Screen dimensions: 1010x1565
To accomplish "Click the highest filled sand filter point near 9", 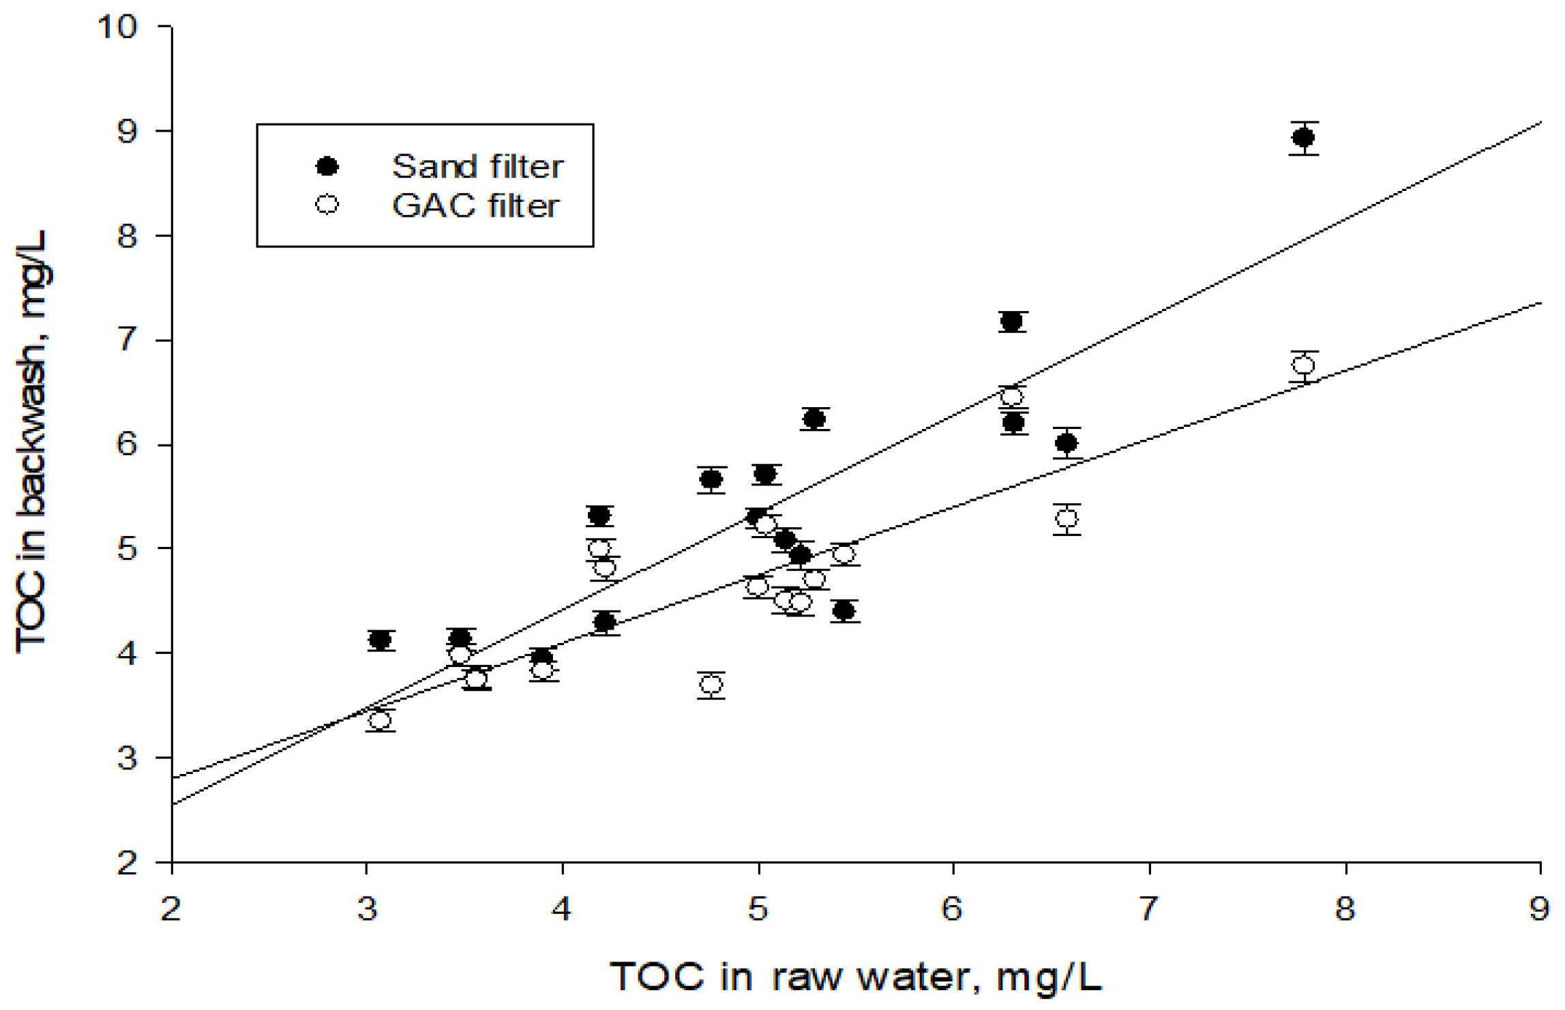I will (1303, 138).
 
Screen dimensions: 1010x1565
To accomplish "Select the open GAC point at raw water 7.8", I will (1303, 366).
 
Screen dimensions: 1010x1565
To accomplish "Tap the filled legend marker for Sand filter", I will (327, 166).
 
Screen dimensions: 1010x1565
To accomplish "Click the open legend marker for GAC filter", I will (327, 205).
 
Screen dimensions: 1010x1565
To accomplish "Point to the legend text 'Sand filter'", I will (477, 166).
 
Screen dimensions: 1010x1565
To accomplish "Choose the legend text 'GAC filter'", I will (475, 205).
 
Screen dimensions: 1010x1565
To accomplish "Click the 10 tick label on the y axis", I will (117, 27).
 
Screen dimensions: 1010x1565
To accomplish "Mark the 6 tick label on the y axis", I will (128, 445).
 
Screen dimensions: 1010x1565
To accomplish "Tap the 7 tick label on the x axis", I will (1149, 909).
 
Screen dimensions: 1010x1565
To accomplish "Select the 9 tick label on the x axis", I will (1539, 909).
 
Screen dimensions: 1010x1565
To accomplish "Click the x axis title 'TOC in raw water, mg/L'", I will (856, 977).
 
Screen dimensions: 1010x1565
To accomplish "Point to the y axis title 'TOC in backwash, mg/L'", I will (32, 441).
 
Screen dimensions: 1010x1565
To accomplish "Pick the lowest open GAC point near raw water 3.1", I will (380, 720).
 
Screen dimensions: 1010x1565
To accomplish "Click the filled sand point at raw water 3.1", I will (380, 640).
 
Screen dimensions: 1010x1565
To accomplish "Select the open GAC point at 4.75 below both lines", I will (711, 684).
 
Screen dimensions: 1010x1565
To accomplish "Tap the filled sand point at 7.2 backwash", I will (1012, 321).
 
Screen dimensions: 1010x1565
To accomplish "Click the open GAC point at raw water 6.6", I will (1067, 519).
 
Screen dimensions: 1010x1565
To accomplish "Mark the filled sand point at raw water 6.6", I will (1067, 443).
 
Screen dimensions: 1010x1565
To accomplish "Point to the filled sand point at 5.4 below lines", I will (844, 610).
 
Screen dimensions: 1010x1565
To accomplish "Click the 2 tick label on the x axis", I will (170, 909).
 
